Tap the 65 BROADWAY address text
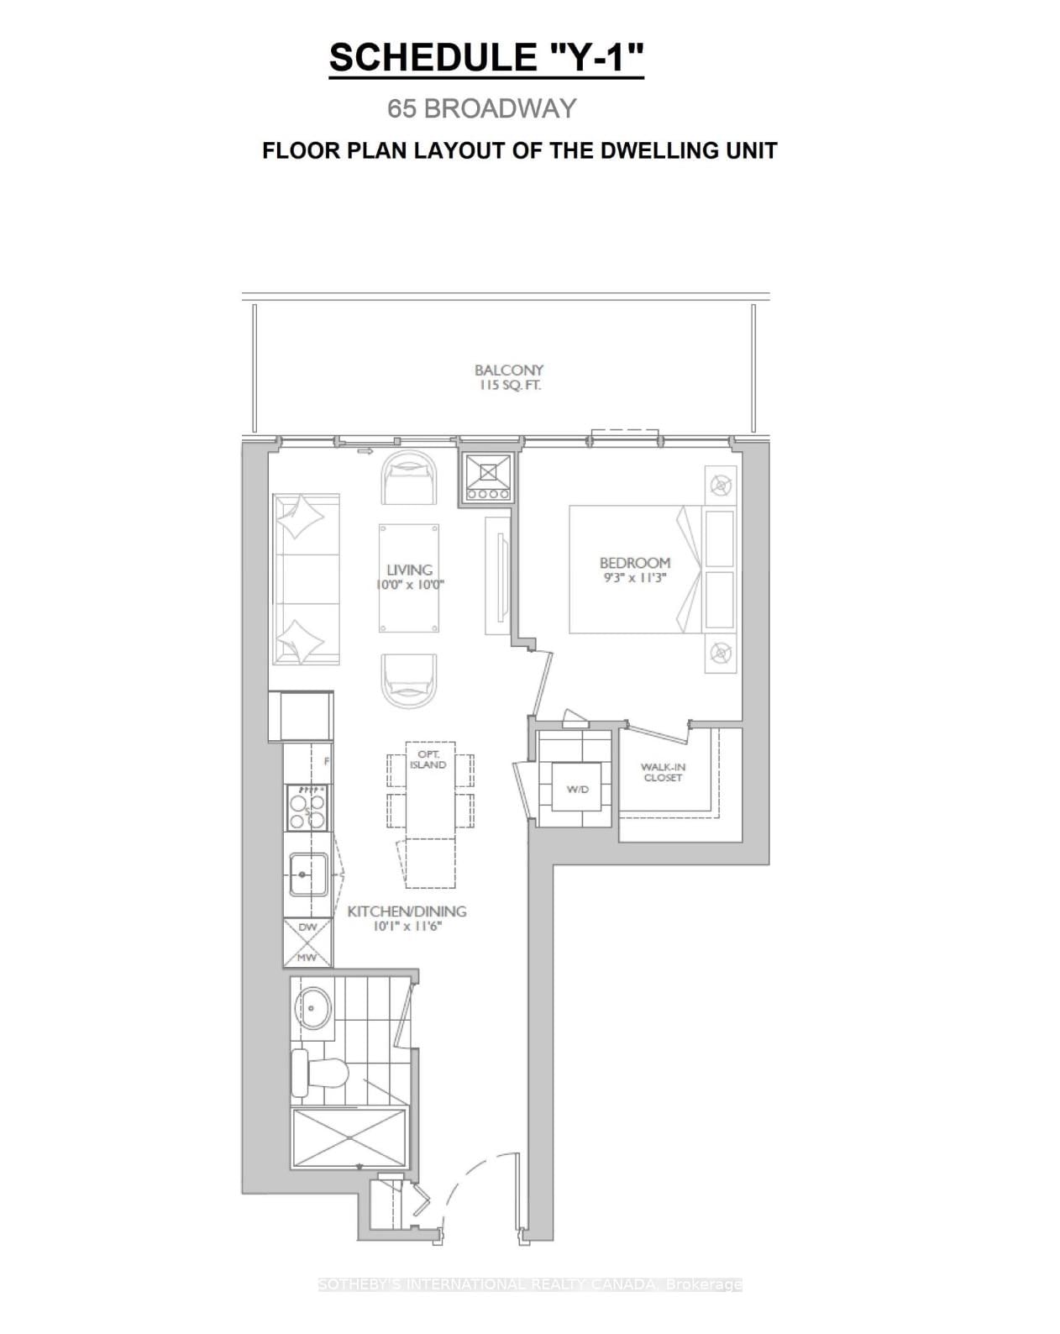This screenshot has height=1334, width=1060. (x=481, y=108)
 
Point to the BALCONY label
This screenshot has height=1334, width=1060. (x=509, y=370)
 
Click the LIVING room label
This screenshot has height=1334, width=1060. (x=409, y=570)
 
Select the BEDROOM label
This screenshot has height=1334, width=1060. (x=634, y=562)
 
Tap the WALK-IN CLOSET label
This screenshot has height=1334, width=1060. (x=663, y=772)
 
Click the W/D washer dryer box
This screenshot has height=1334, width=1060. (x=577, y=789)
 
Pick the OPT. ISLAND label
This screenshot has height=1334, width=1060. (x=428, y=759)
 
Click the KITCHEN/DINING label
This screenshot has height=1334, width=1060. (x=407, y=911)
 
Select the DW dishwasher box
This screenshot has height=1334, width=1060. (x=307, y=927)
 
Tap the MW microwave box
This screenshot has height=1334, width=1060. (x=307, y=957)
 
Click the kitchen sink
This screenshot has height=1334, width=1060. (x=308, y=874)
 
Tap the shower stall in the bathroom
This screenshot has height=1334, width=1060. (x=348, y=1137)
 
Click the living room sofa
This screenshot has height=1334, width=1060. (x=303, y=580)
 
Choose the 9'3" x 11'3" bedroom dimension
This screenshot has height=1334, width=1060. (x=634, y=578)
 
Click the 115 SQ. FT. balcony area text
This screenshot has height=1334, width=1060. (x=509, y=386)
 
